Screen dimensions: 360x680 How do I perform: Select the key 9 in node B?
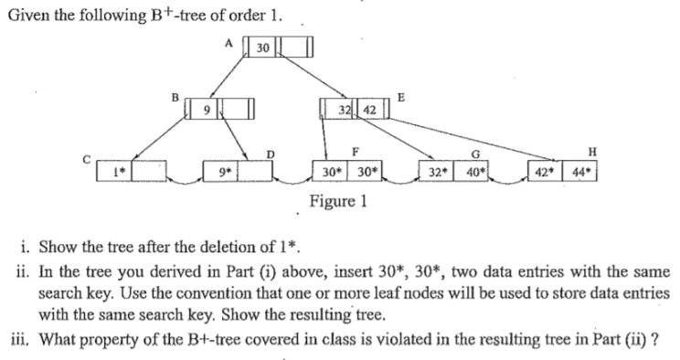(209, 112)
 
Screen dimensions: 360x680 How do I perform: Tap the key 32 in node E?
(345, 111)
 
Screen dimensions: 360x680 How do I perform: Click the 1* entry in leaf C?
(118, 171)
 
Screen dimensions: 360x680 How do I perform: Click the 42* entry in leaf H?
(554, 171)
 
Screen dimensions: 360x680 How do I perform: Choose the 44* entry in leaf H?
(584, 171)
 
